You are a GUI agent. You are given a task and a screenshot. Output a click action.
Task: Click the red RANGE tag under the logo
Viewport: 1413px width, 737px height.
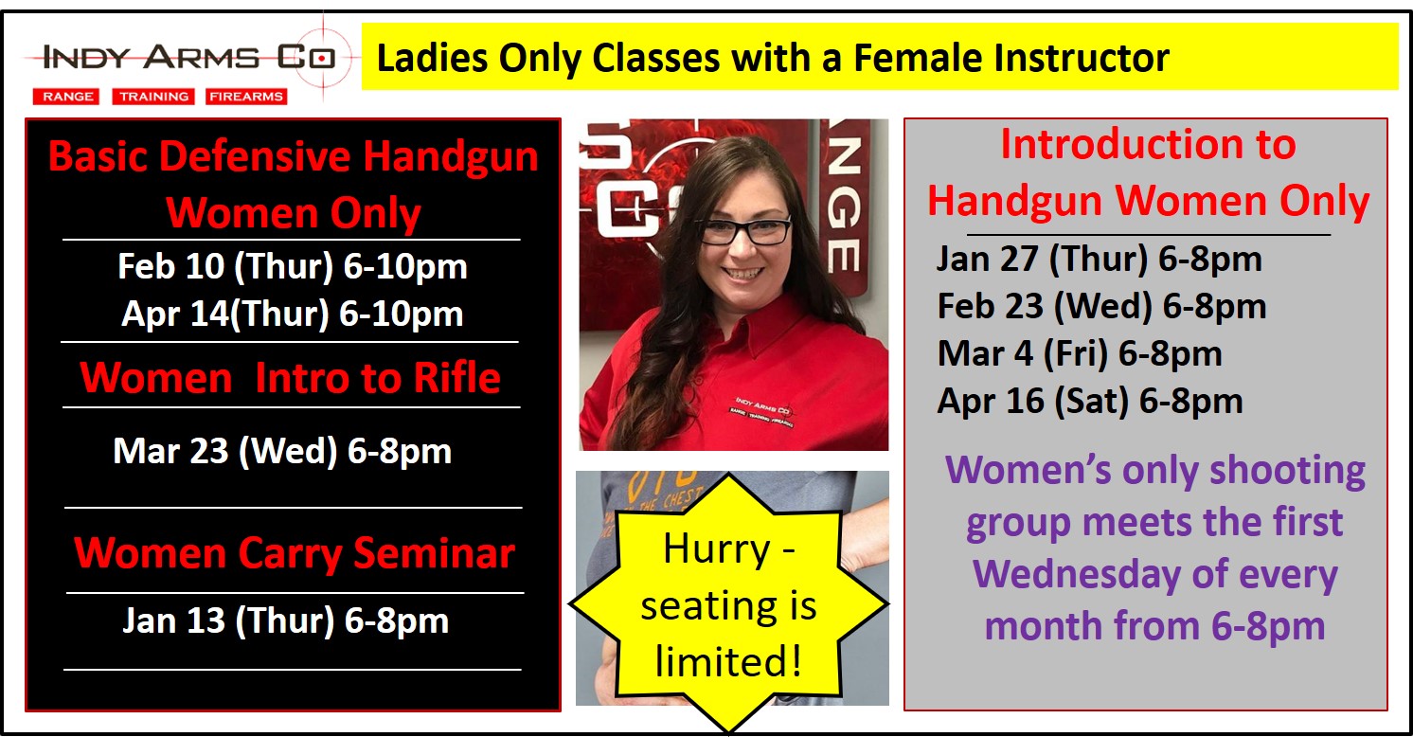tap(66, 97)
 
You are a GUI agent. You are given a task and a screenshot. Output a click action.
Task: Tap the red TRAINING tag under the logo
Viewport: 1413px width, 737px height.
tap(153, 97)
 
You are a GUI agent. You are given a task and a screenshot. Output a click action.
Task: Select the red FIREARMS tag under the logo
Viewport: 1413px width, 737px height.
tap(246, 97)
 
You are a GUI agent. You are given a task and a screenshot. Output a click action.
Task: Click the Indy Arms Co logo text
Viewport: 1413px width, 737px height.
tap(188, 58)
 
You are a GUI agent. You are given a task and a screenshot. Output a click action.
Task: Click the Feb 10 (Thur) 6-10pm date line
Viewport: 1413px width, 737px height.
tap(292, 266)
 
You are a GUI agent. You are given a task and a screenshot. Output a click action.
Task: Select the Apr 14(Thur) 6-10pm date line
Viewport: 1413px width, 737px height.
tap(292, 314)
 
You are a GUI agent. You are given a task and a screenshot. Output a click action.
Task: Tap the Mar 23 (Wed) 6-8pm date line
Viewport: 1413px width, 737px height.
tap(282, 451)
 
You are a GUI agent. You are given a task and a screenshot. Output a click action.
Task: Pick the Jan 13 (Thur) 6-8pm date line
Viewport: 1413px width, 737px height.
tap(286, 620)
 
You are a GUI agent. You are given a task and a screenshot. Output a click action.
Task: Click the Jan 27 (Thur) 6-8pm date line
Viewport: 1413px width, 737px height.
tap(1099, 259)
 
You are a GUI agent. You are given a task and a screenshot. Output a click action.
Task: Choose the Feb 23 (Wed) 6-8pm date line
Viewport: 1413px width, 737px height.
tap(1102, 306)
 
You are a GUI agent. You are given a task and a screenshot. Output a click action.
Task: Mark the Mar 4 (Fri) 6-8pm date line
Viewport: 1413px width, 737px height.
tap(1080, 353)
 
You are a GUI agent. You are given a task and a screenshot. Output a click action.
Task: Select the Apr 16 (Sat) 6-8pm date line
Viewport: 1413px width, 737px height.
tap(1090, 401)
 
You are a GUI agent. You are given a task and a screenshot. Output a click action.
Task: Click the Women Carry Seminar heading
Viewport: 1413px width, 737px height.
tap(294, 553)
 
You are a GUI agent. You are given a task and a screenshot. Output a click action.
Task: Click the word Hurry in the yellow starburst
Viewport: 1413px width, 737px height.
tap(717, 549)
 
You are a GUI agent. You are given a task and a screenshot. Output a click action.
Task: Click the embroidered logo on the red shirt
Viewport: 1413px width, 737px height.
tap(762, 412)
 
